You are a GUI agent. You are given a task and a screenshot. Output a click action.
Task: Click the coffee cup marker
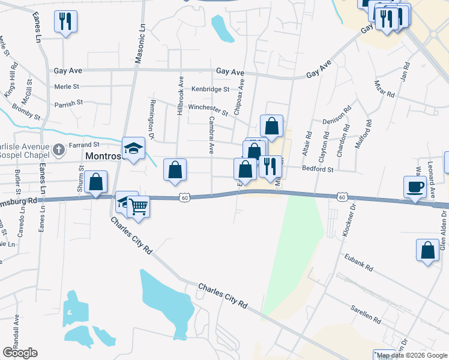click(415, 187)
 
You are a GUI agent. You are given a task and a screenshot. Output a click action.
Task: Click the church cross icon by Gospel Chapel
click(58, 149)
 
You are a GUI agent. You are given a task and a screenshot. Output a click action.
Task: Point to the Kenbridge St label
click(211, 89)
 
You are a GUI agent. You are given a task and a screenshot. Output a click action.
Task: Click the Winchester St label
click(208, 109)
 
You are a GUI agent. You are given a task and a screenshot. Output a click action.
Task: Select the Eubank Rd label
click(359, 262)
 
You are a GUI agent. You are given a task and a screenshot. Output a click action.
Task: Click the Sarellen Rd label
click(366, 313)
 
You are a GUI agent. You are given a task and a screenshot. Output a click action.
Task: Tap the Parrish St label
click(68, 103)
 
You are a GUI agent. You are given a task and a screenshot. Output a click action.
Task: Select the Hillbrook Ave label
click(179, 95)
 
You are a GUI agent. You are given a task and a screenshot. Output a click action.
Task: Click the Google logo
click(20, 353)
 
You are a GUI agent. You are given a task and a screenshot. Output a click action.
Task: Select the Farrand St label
click(84, 145)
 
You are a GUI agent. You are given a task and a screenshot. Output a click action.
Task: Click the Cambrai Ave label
click(211, 135)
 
